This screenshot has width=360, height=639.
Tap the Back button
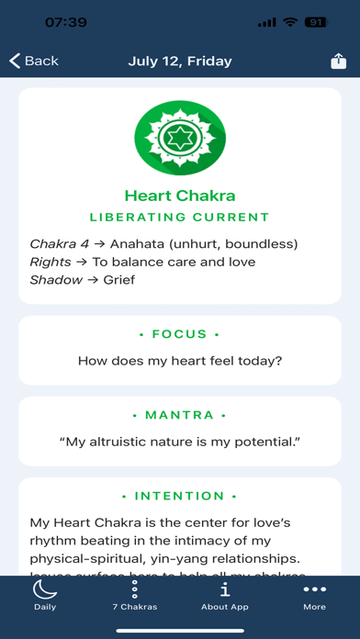[x=34, y=62]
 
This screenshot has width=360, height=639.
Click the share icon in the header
[x=338, y=62]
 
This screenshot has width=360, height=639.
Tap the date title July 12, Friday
[x=180, y=62]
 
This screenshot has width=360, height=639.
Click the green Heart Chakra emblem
[x=180, y=138]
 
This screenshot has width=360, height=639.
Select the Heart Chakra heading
[x=180, y=195]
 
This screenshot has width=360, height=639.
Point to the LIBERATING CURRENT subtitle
[x=180, y=218]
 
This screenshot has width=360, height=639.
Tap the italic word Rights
[x=51, y=262]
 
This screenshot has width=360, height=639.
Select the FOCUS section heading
[x=180, y=334]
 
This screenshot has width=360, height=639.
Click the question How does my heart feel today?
[x=180, y=361]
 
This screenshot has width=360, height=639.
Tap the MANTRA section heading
[x=180, y=415]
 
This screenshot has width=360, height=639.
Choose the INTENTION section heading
[x=180, y=496]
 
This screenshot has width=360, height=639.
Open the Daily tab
[x=44, y=596]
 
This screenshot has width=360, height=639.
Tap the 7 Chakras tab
[x=134, y=596]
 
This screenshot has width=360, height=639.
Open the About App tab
[x=225, y=596]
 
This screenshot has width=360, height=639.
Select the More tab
[x=315, y=596]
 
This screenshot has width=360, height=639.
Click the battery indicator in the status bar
[x=315, y=22]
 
